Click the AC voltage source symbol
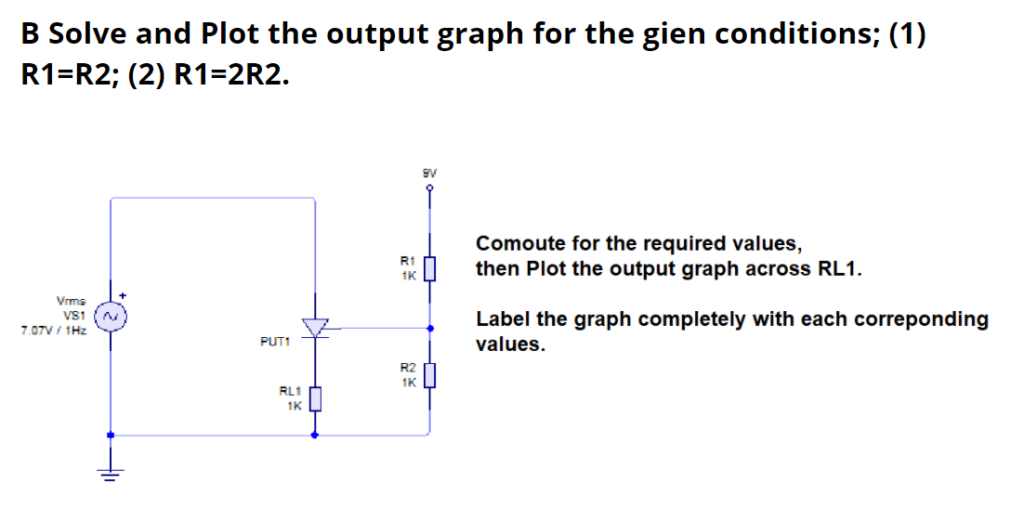[111, 317]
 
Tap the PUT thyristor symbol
[317, 328]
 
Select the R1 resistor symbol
[428, 268]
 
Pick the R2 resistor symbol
[428, 376]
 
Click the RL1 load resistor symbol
[316, 399]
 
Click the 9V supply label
[429, 172]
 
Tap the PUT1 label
[275, 342]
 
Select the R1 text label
[407, 262]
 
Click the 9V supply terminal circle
[429, 187]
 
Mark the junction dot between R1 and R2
[428, 328]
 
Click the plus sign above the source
[121, 295]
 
